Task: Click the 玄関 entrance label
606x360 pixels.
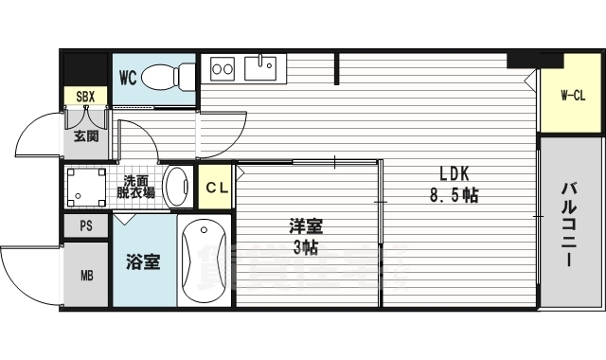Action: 85,135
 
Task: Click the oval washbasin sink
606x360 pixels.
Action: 176,186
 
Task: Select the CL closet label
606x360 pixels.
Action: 217,188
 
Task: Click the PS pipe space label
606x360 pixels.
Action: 86,226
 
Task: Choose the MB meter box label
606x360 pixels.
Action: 86,276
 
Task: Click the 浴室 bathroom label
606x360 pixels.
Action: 144,261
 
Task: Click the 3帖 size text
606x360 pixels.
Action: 306,248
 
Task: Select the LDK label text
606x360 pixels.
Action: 453,174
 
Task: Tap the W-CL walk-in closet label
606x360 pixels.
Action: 572,95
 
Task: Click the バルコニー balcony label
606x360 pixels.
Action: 570,224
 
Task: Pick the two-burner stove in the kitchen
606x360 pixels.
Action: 223,68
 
